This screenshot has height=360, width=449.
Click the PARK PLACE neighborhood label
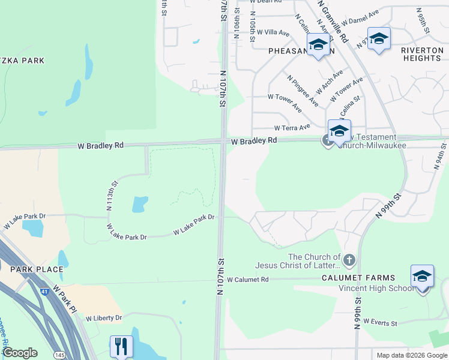pos(32,269)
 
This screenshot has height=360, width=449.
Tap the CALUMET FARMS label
pos(358,278)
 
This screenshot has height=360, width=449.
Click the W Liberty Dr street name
pos(104,318)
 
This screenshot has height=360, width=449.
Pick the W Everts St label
pos(380,323)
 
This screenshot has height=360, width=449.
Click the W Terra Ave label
pos(292,128)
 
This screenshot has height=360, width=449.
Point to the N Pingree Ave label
pos(303,91)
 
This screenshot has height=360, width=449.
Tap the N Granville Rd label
pos(334,21)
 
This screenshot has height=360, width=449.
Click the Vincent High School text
pos(376,288)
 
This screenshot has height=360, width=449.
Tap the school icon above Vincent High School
pos(422,277)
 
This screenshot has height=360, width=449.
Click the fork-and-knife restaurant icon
pos(121,346)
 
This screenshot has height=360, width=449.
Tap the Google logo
pos(20,353)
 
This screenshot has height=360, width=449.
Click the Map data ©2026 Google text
pos(411,355)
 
